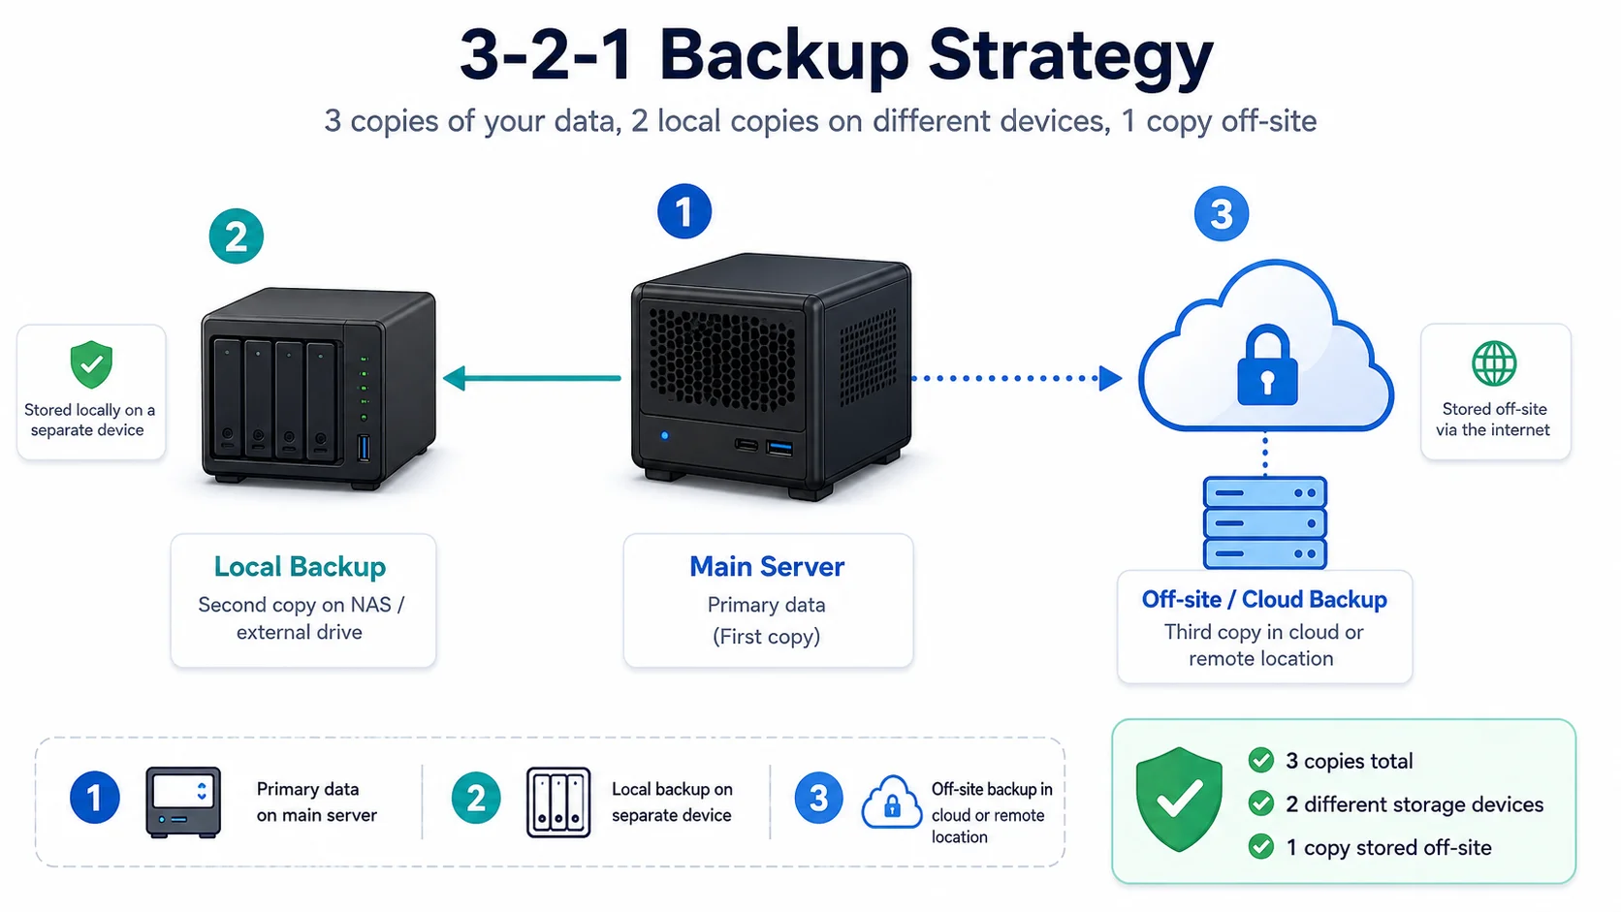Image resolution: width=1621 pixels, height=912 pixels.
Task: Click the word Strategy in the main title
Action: [x=1070, y=57]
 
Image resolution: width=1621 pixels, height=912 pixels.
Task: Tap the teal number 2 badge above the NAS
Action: [x=236, y=236]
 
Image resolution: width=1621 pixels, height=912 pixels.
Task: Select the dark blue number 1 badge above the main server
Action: [x=683, y=211]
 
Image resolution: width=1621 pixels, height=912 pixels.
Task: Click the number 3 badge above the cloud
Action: [x=1221, y=214]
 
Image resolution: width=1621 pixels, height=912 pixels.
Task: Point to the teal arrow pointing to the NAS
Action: [x=532, y=378]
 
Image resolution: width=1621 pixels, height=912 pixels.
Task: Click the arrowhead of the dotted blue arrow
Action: [x=1110, y=378]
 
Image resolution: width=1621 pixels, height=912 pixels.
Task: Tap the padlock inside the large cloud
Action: [x=1266, y=365]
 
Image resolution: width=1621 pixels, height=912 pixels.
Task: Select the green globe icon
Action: [x=1494, y=363]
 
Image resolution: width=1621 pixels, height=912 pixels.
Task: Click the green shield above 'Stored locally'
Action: [x=91, y=364]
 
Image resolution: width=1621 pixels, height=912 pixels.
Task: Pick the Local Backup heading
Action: [x=300, y=566]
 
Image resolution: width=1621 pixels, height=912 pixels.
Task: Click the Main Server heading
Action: [x=766, y=566]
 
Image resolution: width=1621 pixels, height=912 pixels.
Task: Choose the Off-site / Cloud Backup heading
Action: [x=1263, y=599]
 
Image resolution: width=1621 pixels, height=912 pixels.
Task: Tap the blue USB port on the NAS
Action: [x=364, y=448]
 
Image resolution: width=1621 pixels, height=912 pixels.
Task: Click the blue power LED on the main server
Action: [x=664, y=435]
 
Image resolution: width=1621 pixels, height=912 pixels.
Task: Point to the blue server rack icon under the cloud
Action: [x=1264, y=522]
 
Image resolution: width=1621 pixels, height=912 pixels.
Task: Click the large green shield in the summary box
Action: [x=1179, y=800]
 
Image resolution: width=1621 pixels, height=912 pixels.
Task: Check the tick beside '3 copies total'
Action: [x=1260, y=760]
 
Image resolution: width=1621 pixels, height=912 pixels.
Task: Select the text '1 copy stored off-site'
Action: [x=1388, y=848]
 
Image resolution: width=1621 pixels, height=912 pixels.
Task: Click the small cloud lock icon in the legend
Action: [x=891, y=802]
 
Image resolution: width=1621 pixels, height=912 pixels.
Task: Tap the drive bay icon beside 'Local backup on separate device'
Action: [x=557, y=802]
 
